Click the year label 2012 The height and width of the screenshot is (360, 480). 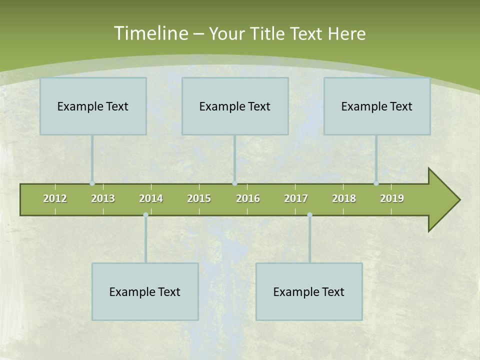55,198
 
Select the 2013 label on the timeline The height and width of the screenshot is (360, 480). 103,198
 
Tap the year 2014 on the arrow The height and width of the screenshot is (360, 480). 151,198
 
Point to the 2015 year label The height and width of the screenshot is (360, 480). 199,198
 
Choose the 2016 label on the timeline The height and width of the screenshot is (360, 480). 248,198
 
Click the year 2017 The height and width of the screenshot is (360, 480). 296,198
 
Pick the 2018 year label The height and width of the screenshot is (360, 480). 344,198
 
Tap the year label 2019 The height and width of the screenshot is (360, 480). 392,198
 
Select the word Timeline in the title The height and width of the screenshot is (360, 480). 150,33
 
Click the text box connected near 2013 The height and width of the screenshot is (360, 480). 93,106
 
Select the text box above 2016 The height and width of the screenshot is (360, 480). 235,106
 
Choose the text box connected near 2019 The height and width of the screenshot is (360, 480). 377,106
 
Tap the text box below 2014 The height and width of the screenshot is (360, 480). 145,291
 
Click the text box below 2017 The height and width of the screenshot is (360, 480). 309,291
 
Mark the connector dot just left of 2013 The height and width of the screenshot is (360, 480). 92,183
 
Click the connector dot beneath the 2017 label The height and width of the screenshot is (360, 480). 309,214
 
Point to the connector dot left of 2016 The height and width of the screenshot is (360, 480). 234,183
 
